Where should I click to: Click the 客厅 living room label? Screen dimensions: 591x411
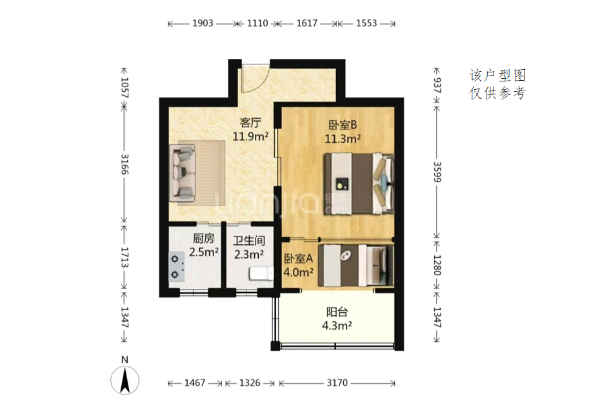coord(250,123)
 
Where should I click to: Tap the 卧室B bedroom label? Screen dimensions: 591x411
coord(343,125)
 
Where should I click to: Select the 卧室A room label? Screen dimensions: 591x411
coord(298,258)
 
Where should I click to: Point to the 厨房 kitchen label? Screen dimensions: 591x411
coord(203,238)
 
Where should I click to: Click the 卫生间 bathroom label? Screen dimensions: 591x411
coord(249,240)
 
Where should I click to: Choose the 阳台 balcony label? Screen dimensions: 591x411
coord(337,312)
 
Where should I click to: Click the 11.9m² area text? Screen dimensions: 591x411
coord(250,136)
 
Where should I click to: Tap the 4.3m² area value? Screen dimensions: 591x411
coord(337,325)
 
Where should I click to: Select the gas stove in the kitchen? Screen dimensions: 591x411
coord(176,266)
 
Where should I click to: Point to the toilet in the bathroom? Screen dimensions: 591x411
coord(261,273)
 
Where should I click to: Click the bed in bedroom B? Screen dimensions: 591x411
coord(359,184)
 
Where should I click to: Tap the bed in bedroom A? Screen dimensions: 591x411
coord(356,266)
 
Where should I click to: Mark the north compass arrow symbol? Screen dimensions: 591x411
coord(125,381)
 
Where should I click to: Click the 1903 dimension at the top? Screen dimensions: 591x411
coord(203,23)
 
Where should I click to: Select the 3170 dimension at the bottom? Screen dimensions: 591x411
coord(337,383)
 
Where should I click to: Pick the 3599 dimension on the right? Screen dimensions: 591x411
coord(437,172)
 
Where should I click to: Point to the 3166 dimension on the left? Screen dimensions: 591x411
coord(125,164)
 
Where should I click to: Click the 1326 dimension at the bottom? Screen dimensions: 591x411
coord(250,383)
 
